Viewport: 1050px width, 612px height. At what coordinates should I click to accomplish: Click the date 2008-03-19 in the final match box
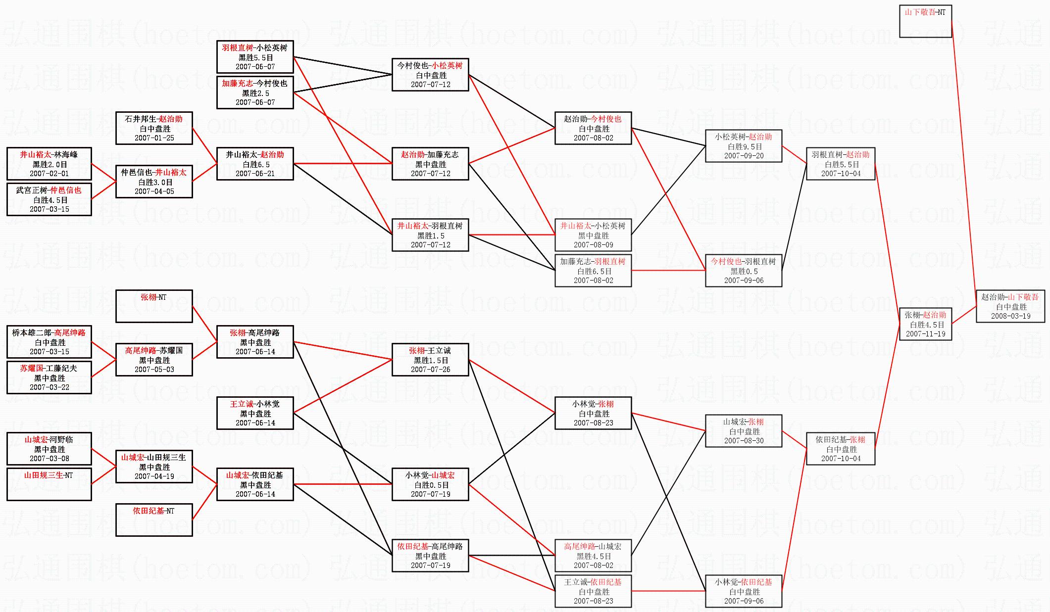[x=1010, y=316]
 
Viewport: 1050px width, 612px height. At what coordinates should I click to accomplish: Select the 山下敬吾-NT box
[x=925, y=21]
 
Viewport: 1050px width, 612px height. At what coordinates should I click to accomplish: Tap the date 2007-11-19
[x=925, y=334]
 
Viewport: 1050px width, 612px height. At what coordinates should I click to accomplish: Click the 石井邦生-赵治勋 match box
[x=154, y=128]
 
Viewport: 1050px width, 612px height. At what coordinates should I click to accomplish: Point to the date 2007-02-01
[x=49, y=174]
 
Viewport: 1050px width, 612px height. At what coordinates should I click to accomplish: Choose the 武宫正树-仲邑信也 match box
[x=49, y=199]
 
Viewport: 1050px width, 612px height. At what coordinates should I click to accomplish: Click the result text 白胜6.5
[x=255, y=164]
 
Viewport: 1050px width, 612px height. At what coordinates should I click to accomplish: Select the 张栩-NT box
[x=154, y=306]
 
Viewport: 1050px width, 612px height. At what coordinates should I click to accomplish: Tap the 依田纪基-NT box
[x=154, y=519]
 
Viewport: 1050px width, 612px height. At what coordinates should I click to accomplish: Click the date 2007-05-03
[x=154, y=370]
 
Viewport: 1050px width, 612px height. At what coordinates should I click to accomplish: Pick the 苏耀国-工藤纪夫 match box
[x=49, y=377]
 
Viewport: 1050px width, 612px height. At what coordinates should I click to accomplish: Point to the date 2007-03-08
[x=49, y=459]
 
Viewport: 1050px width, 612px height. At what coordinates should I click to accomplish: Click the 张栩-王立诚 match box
[x=430, y=360]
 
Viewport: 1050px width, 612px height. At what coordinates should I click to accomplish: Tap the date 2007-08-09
[x=593, y=245]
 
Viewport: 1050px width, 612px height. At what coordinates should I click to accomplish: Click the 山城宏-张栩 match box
[x=744, y=431]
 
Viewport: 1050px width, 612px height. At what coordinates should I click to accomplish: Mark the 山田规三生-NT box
[x=49, y=484]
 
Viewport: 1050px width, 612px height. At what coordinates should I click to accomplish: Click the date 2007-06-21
[x=255, y=174]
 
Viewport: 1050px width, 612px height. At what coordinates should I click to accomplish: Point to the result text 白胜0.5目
[x=431, y=485]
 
